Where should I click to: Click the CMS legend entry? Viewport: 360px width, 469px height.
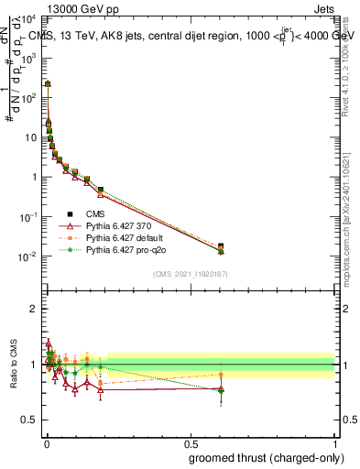(93, 213)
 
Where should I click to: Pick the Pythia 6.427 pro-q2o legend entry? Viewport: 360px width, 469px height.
(125, 249)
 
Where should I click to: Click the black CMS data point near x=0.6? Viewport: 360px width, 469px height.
(221, 245)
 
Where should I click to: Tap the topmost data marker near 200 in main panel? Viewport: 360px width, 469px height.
(47, 83)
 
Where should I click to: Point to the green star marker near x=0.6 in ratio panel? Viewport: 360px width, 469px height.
(221, 390)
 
